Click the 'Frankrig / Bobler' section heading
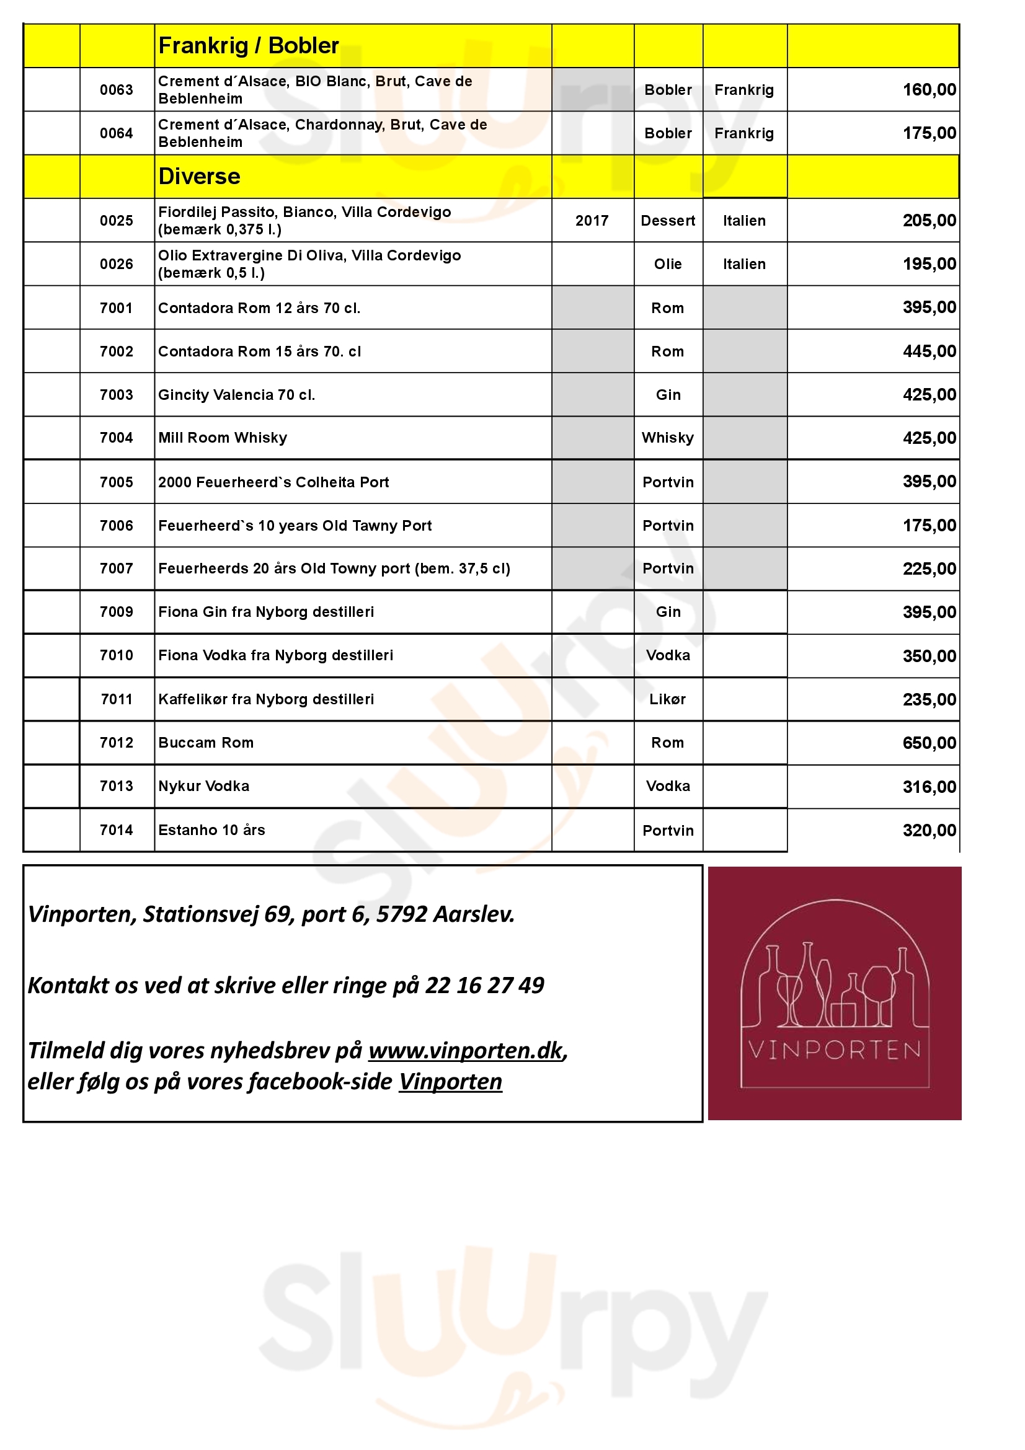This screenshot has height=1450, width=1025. pos(248,46)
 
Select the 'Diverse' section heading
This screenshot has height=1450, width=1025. pos(199,176)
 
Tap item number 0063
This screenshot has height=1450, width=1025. pos(116,90)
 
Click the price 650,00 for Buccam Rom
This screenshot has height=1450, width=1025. pos(929,743)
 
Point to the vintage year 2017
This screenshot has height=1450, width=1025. pos(592,221)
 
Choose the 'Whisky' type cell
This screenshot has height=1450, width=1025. pos(668,438)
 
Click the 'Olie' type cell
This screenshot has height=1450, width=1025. pos(668,264)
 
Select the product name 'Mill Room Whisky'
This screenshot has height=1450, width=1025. pos(223,438)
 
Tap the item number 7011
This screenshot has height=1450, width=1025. pos(116,699)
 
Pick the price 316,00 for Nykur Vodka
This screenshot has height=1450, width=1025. pos(929,787)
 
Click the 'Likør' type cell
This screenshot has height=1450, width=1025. pos(668,699)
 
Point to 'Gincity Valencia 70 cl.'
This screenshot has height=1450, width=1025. pos(236,395)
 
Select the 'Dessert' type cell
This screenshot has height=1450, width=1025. pos(668,221)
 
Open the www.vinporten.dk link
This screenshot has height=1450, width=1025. pos(466,1050)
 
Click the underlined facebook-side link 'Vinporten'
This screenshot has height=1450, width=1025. pos(450,1082)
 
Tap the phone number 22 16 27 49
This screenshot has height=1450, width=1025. pos(484,985)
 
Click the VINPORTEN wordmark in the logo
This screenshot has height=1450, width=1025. pos(834,1050)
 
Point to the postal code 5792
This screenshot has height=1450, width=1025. pos(402,914)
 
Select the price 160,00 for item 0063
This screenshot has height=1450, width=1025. pos(929,90)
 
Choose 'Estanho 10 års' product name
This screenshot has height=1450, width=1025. pos(211,830)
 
